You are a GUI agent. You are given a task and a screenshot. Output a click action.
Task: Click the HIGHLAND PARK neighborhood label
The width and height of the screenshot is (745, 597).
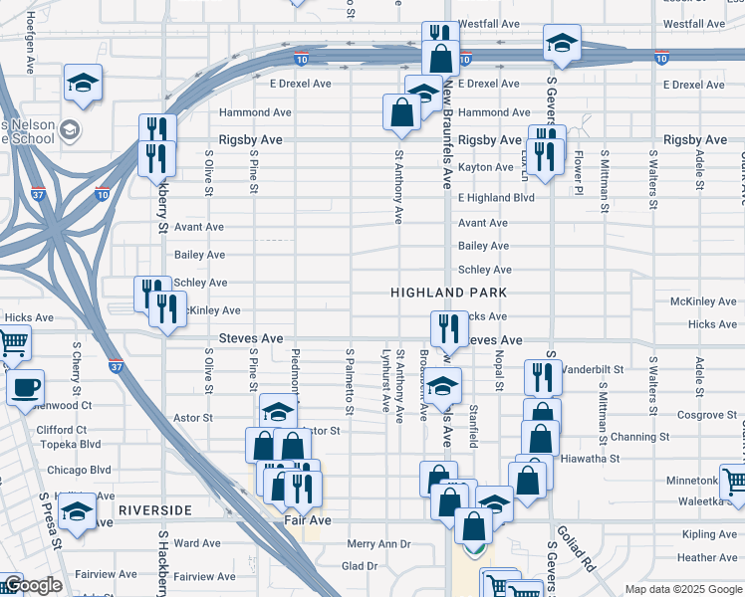449,293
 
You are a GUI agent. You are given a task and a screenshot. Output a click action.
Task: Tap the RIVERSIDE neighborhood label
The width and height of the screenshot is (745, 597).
154,509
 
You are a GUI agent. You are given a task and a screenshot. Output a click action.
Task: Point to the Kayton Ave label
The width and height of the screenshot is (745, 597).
485,167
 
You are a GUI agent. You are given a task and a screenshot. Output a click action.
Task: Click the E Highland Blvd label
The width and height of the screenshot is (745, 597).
496,198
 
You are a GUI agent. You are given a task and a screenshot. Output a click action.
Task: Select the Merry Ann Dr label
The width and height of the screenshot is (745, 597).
378,544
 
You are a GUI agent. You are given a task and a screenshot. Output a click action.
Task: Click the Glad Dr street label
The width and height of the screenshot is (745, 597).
360,566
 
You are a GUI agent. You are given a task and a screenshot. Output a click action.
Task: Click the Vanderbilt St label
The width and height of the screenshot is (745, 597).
593,369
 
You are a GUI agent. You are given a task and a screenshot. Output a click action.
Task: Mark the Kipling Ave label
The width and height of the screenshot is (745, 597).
709,534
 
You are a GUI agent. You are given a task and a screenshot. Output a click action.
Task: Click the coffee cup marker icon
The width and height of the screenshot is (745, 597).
25,387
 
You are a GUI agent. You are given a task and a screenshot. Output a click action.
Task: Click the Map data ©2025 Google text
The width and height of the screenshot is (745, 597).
681,589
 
